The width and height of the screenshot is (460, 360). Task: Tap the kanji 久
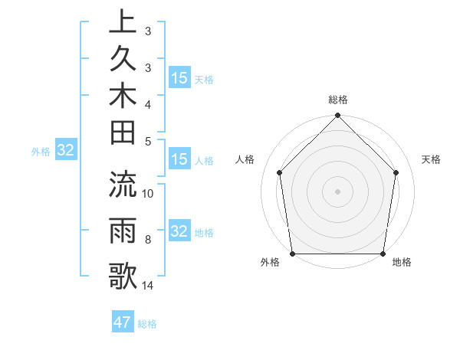click(x=123, y=61)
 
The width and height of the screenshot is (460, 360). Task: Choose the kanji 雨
click(x=123, y=231)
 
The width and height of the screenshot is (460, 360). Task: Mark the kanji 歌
click(x=123, y=276)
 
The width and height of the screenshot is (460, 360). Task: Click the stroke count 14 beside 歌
click(x=148, y=285)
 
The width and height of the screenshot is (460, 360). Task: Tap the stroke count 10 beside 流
click(x=148, y=193)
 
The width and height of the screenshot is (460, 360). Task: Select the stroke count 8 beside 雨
click(x=148, y=240)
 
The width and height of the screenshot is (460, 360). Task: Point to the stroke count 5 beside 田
click(x=148, y=141)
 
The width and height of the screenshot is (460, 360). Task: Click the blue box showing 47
click(x=123, y=322)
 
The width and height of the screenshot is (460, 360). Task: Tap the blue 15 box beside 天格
click(x=179, y=78)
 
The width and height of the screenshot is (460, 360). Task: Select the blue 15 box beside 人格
click(x=179, y=160)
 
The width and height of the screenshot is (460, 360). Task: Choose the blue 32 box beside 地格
click(x=179, y=231)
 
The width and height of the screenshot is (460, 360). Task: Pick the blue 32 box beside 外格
click(x=66, y=151)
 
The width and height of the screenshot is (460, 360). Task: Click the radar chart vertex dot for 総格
click(x=337, y=116)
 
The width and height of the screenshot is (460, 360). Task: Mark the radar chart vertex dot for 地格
click(x=383, y=254)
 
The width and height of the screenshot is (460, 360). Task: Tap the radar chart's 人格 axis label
click(x=245, y=159)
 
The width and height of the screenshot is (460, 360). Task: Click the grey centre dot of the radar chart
click(x=337, y=191)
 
